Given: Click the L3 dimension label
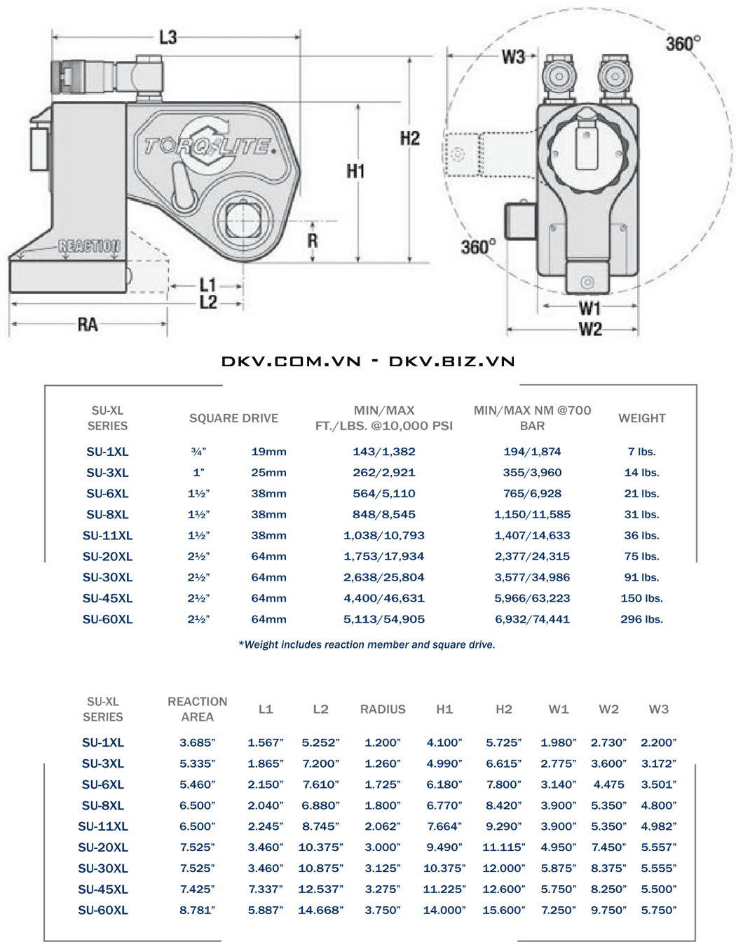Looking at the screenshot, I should click(x=168, y=37).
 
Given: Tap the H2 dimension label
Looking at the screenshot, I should click(x=410, y=138).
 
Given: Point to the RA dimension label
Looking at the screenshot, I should click(x=88, y=324).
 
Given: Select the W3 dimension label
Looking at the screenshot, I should click(x=513, y=57).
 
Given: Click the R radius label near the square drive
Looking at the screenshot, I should click(x=313, y=240).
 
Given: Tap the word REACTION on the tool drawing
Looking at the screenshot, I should click(x=89, y=246).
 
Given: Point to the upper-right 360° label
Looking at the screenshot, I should click(x=683, y=44).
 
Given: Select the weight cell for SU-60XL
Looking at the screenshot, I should click(x=641, y=619).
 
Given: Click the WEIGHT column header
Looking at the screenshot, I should click(x=641, y=418).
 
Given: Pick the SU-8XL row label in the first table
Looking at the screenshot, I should click(x=107, y=514).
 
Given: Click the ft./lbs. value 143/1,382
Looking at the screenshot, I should click(x=384, y=452).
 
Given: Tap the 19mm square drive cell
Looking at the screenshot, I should click(x=268, y=452).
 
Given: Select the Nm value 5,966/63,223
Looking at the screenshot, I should click(x=532, y=598).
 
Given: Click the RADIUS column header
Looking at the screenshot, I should click(x=383, y=709).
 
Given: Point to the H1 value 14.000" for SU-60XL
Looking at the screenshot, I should click(x=444, y=910).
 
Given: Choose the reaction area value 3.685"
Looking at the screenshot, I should click(x=197, y=742).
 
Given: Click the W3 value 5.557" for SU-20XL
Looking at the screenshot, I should click(x=658, y=847).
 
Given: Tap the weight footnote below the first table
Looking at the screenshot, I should click(x=367, y=644).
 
